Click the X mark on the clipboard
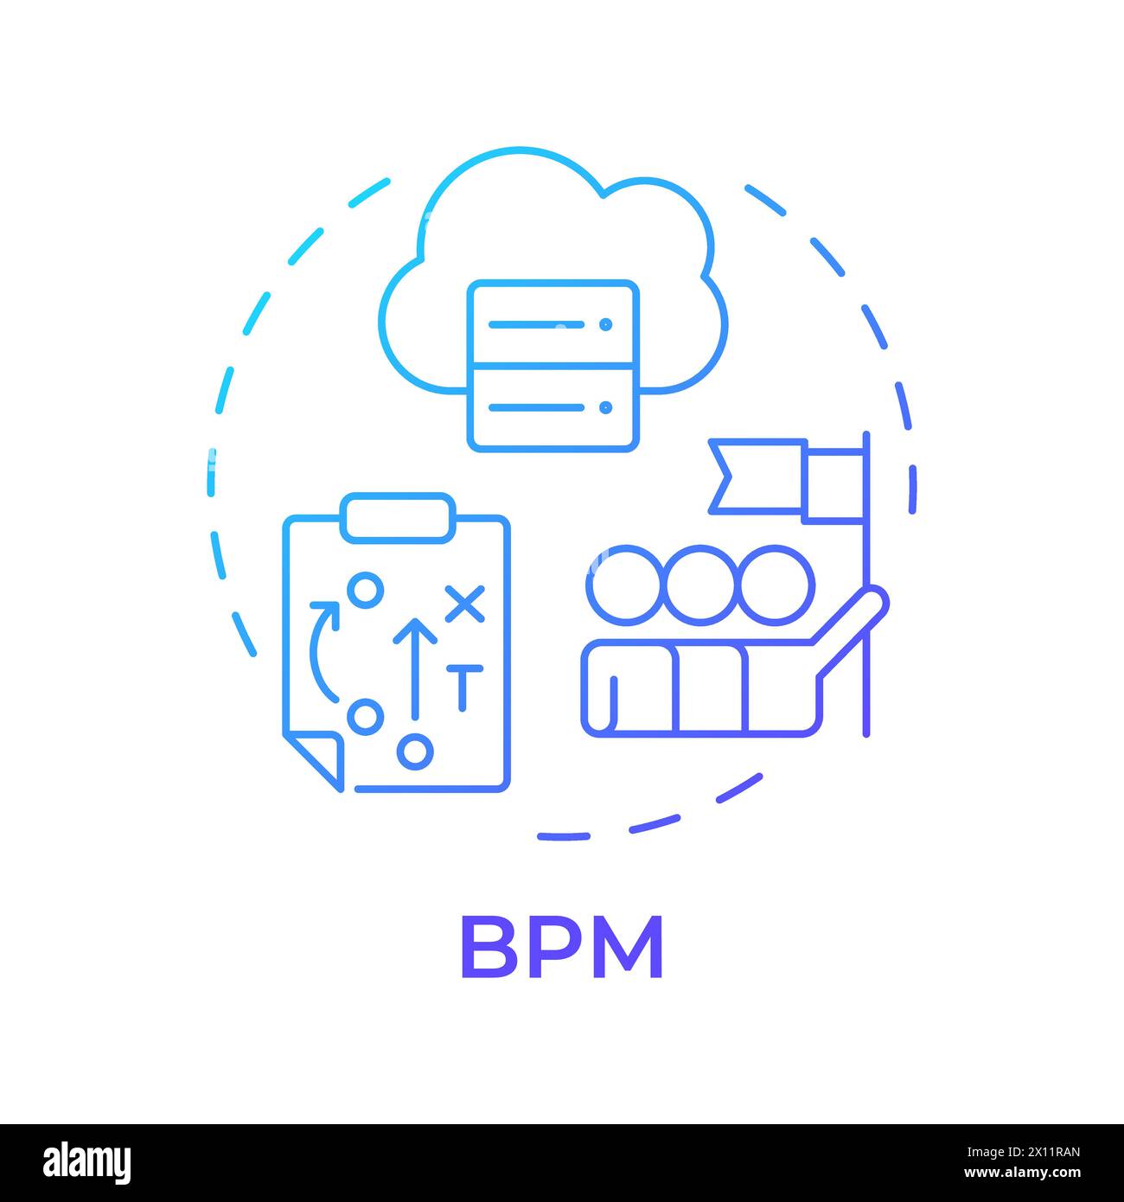pos(465,604)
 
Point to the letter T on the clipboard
pos(463,687)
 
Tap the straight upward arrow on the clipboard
pos(415,666)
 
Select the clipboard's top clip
pos(397,518)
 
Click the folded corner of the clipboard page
pos(316,758)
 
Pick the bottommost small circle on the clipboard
pos(416,751)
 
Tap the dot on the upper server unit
pos(605,324)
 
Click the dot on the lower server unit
pos(605,406)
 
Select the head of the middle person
pos(699,585)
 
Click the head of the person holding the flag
pos(776,585)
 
